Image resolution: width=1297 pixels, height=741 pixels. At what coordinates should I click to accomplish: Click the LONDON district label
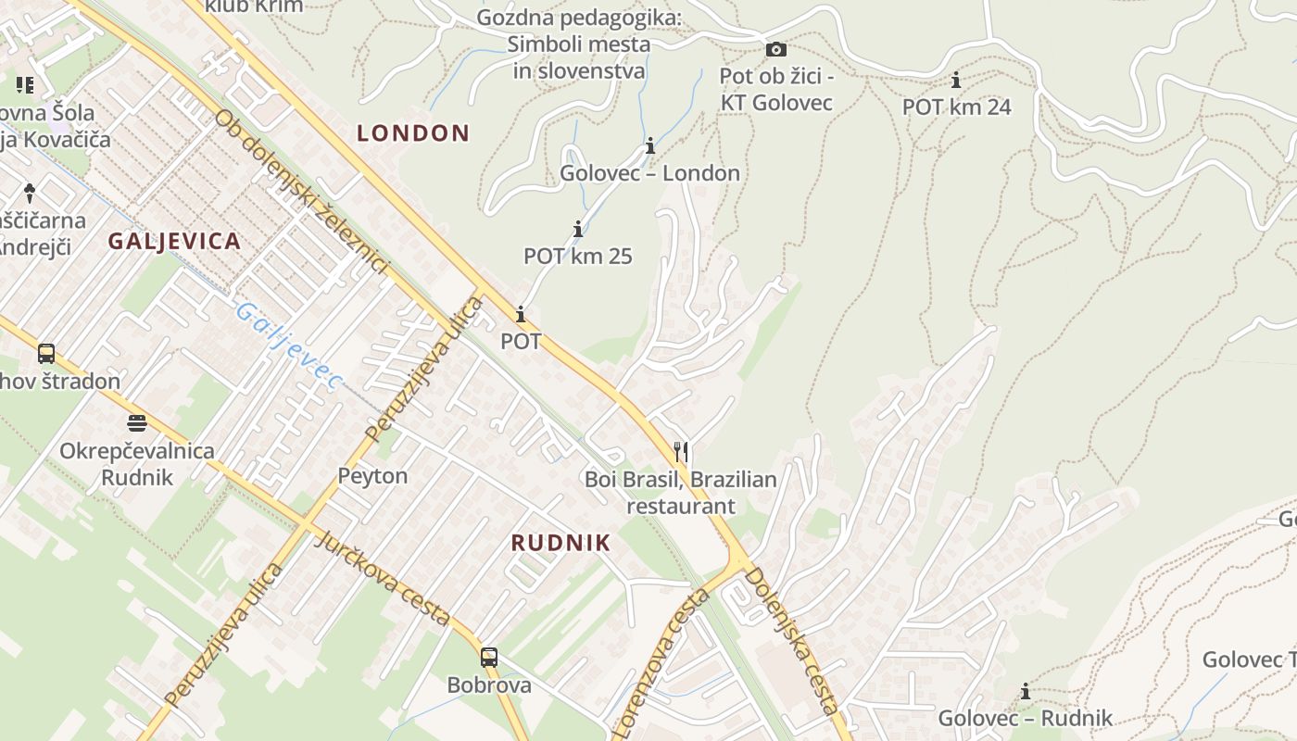pos(413,133)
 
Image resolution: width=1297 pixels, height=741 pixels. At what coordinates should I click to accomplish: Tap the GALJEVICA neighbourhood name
pos(174,242)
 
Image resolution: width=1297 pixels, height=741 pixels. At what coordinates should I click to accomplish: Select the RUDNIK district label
pos(560,544)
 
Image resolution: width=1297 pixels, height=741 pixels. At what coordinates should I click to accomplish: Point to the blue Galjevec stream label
pos(287,345)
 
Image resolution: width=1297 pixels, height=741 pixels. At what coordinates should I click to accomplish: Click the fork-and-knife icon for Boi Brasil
pos(681,451)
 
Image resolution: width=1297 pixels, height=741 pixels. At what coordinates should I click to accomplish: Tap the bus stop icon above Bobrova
pos(489,658)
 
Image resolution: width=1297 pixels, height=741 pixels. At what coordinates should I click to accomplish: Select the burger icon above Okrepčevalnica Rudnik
pos(137,423)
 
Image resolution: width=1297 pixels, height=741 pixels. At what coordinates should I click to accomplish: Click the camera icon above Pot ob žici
pos(776,49)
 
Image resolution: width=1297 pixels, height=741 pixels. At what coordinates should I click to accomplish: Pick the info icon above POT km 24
pos(956,81)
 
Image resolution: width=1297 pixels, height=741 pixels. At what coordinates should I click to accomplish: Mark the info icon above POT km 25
pos(578,229)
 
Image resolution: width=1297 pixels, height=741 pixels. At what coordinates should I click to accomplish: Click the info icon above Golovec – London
pos(650,146)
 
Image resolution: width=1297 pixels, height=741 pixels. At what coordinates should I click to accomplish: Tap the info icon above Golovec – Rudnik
pos(1026,691)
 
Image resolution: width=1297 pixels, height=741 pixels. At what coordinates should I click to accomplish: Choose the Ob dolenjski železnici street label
pos(301,193)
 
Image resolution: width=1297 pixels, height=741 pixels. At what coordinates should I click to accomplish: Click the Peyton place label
pos(372,476)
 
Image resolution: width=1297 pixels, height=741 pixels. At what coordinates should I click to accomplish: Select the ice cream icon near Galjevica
pos(30,193)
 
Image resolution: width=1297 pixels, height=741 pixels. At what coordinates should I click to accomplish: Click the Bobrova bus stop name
pos(489,685)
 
